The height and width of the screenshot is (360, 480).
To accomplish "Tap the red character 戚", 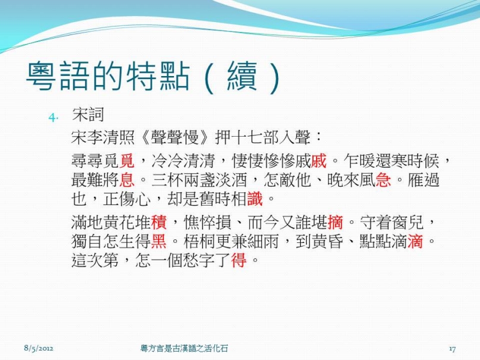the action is pyautogui.click(x=319, y=161).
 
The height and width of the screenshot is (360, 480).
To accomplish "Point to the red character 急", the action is pyautogui.click(x=383, y=180).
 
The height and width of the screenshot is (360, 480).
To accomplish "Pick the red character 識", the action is pyautogui.click(x=255, y=199).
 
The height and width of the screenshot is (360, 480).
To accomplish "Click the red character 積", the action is pyautogui.click(x=159, y=223).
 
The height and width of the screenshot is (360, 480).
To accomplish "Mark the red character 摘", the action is pyautogui.click(x=335, y=223).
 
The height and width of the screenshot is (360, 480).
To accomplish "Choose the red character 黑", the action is pyautogui.click(x=159, y=242).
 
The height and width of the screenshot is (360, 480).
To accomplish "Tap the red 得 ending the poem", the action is pyautogui.click(x=239, y=261).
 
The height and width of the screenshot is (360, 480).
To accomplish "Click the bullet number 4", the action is pyautogui.click(x=53, y=117).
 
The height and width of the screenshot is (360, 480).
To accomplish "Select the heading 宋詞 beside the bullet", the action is pyautogui.click(x=88, y=115).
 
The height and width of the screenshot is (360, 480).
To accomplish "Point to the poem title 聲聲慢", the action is pyautogui.click(x=175, y=137).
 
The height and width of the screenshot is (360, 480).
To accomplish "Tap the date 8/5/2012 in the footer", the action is pyautogui.click(x=39, y=348).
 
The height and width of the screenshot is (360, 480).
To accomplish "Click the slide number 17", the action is pyautogui.click(x=453, y=349).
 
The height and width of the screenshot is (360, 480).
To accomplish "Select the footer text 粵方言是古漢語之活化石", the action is pyautogui.click(x=184, y=348).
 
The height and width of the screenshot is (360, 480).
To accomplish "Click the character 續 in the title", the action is pyautogui.click(x=242, y=77).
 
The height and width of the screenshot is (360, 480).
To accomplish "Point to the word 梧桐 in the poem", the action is pyautogui.click(x=199, y=242).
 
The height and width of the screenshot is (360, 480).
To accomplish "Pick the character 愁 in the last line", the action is pyautogui.click(x=191, y=261).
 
